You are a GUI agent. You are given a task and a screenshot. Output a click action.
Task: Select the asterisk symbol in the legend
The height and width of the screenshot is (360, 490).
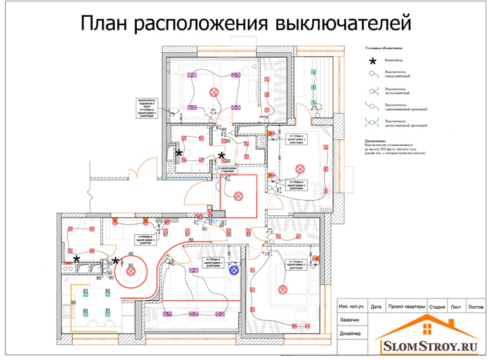pos(373,61)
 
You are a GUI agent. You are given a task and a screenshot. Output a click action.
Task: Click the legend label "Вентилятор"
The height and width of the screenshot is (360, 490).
pos(394,60)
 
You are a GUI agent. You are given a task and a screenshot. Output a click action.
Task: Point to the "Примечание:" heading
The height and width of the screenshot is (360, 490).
pos(376,141)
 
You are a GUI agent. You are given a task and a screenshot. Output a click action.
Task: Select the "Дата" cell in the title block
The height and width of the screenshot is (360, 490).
pos(376,307)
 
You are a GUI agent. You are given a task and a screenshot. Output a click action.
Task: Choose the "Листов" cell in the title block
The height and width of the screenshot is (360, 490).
pos(475,307)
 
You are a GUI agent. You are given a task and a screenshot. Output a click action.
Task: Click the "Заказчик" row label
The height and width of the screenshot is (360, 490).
pos(350,320)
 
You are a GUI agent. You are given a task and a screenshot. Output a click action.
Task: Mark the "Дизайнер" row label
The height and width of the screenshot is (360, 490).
pos(350,334)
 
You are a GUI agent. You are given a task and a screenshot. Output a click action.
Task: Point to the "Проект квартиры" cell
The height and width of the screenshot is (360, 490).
pos(407,307)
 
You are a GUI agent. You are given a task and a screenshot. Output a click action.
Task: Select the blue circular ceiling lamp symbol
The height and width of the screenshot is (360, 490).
pos(234,270)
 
